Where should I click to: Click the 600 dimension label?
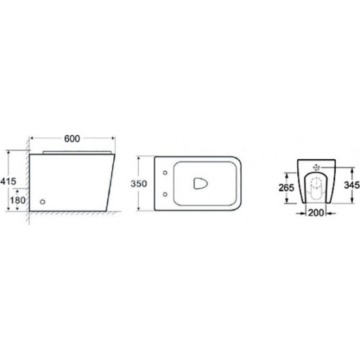[72, 139]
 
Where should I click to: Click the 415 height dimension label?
[9, 181]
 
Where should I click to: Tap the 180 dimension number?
[18, 200]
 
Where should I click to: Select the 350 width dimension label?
[139, 184]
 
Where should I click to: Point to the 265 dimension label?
[286, 188]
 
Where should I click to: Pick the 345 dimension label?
[351, 185]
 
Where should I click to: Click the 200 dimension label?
[315, 213]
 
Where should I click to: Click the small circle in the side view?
[43, 202]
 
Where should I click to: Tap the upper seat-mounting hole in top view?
[165, 173]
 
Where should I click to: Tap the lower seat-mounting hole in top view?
[165, 194]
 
